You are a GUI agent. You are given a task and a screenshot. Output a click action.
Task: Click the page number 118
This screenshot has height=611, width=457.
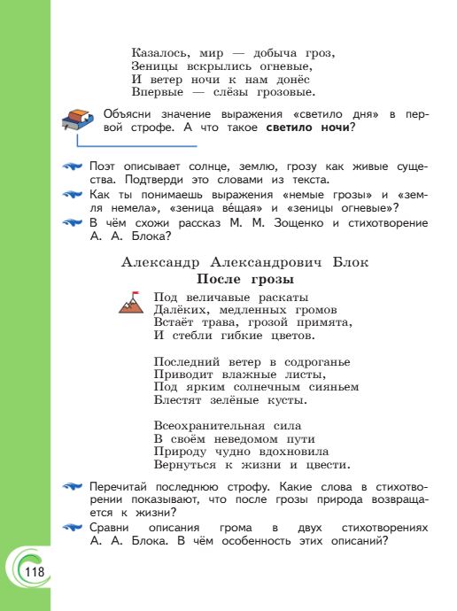[x=35, y=572]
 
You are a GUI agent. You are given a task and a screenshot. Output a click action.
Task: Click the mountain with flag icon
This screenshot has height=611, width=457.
[x=130, y=303]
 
